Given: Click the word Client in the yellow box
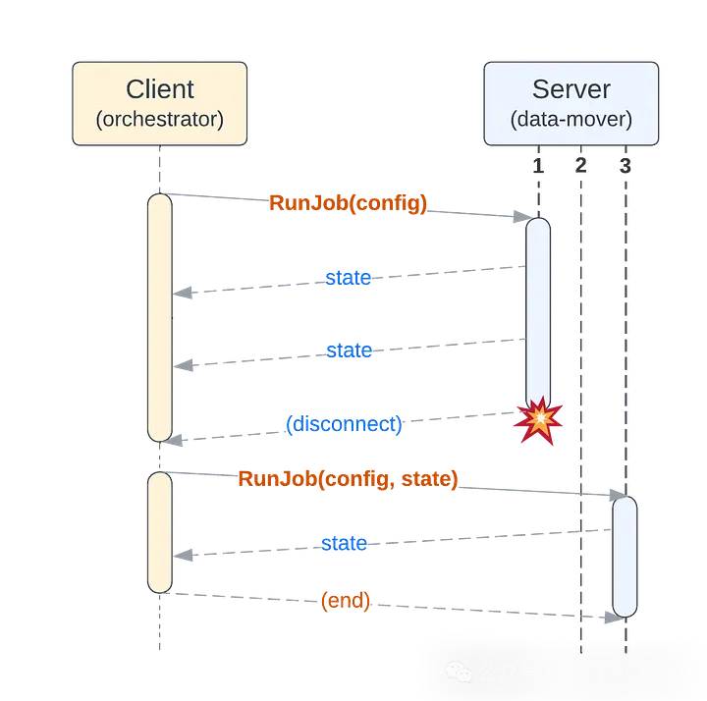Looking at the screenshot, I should click(160, 90).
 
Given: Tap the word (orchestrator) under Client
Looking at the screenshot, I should click(160, 120).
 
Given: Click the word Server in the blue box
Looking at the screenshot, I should click(571, 90).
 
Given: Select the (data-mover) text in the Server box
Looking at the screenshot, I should click(571, 120).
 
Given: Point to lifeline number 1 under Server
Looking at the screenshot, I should click(538, 166).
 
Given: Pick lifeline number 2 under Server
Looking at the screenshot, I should click(580, 166).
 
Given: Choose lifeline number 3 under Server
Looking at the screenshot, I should click(625, 166).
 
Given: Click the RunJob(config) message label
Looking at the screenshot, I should click(349, 203).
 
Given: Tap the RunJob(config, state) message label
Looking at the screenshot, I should click(349, 479).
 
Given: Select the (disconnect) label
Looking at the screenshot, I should click(345, 424).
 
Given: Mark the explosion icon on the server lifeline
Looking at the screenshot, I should click(538, 419).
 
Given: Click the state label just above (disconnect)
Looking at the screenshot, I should click(349, 350).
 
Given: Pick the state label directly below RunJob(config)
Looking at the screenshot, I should click(349, 278).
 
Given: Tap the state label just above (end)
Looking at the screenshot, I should click(344, 543).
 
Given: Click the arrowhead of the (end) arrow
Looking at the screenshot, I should click(615, 618).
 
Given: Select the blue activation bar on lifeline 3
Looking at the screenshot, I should click(625, 556).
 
